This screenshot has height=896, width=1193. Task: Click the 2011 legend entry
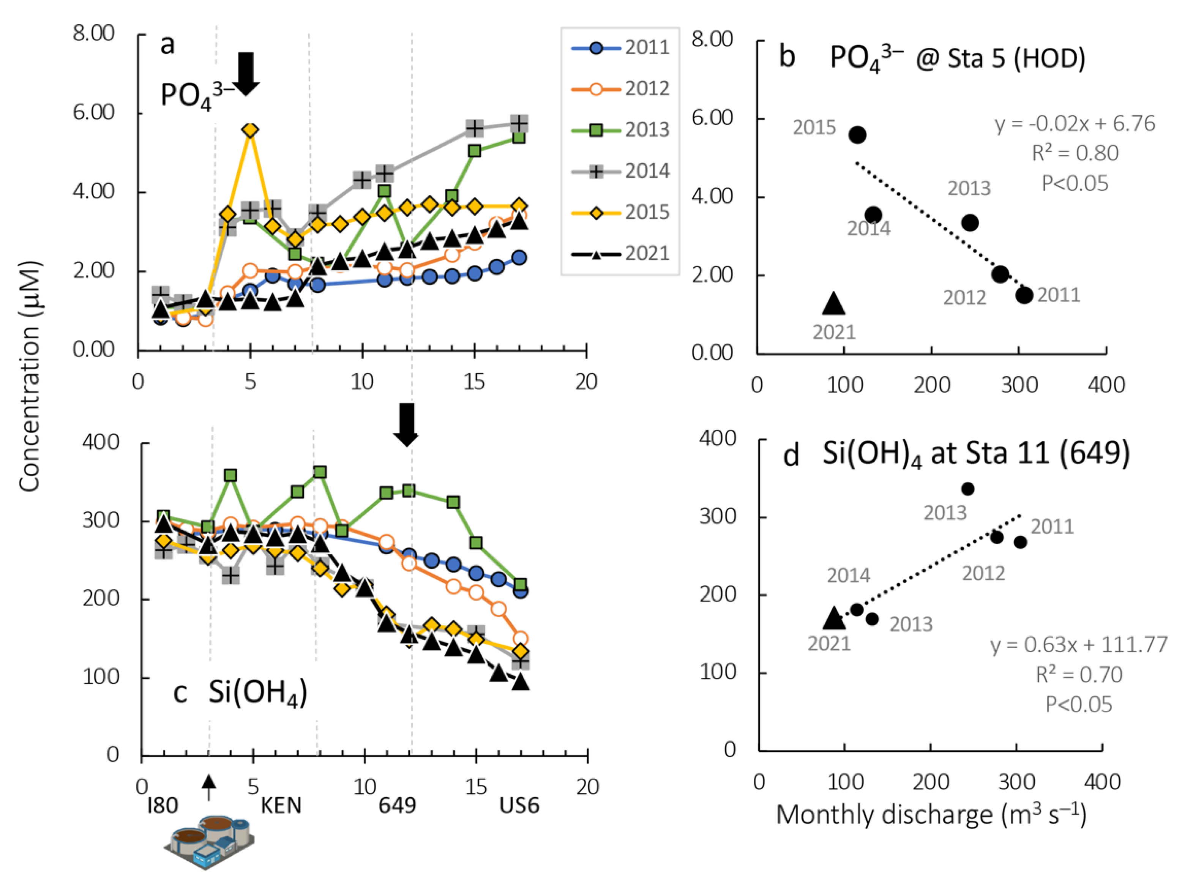point(620,48)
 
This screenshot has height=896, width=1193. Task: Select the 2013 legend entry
point(620,130)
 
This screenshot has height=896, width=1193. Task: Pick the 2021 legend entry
point(620,254)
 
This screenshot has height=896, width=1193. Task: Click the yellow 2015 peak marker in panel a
point(250,130)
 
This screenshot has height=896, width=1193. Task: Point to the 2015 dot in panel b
point(857,135)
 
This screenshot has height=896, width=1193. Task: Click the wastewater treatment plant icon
point(209,842)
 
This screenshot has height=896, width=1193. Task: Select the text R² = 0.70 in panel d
point(1079,674)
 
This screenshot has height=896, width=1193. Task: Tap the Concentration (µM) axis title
point(30,376)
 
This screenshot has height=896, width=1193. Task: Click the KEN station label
point(281,806)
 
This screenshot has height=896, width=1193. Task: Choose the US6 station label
point(519,806)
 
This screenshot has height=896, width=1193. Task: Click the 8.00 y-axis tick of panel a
point(94,33)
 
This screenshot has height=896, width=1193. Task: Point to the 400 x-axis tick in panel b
point(1106,385)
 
